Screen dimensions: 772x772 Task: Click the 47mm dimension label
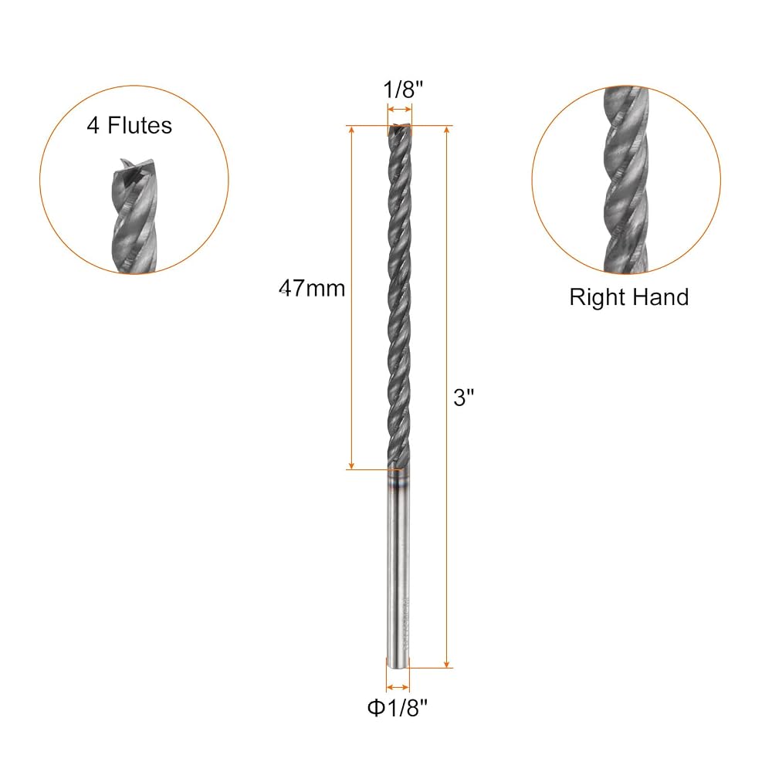[312, 289]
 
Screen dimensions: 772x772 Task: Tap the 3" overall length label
[463, 398]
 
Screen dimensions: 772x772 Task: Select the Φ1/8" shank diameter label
[398, 709]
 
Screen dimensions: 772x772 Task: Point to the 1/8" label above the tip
[403, 90]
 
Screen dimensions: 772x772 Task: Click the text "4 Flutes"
[130, 125]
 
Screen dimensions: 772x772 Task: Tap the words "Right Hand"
[628, 297]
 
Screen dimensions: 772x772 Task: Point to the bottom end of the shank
[398, 667]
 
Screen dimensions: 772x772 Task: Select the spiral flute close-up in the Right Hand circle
[626, 180]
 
